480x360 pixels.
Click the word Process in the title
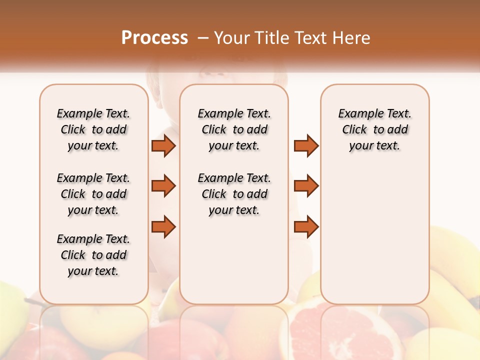pos(154,38)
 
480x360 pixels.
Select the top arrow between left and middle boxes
pos(163,145)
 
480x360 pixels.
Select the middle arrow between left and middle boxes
pos(163,186)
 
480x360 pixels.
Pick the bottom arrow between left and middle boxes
pos(163,227)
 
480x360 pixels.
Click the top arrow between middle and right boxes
pos(306,145)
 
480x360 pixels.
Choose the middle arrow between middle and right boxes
pos(306,186)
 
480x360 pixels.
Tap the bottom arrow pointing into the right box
pos(306,227)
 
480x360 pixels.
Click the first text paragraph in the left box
pos(93,129)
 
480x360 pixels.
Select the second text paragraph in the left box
pos(93,194)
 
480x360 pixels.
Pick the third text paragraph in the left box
pos(93,255)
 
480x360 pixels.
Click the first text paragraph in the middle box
pos(234,129)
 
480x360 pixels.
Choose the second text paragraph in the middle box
pos(234,194)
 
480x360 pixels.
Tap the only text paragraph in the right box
pos(374,129)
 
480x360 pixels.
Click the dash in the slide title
pos(203,38)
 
